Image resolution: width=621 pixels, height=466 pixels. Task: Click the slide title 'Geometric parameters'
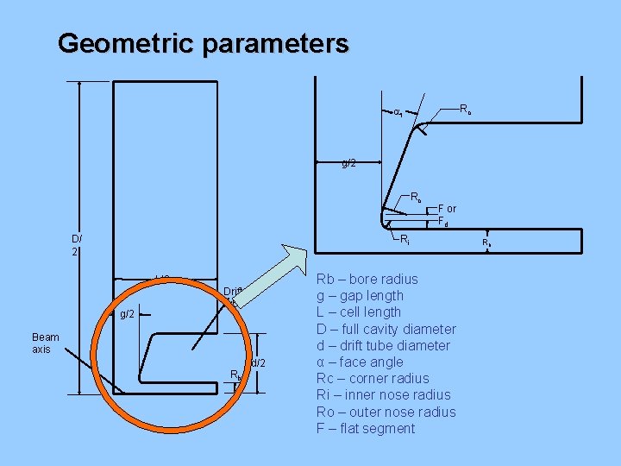(x=204, y=43)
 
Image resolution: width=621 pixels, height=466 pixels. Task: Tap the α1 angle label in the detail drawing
(x=398, y=112)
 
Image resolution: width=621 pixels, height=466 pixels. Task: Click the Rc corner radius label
(x=465, y=110)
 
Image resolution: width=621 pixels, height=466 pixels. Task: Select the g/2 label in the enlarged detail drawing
(x=348, y=163)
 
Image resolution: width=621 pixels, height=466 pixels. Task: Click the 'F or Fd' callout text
(x=447, y=215)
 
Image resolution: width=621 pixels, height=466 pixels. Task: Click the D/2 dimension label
(x=77, y=245)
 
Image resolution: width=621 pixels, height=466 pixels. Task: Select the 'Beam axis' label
(x=44, y=343)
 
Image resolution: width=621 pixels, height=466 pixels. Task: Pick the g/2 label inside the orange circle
(x=127, y=314)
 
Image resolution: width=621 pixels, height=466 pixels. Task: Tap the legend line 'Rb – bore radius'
(x=367, y=280)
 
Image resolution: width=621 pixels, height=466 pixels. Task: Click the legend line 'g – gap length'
(x=360, y=296)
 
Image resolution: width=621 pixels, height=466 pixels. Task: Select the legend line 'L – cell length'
(x=359, y=312)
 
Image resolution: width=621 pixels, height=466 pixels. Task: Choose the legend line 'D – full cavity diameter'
(x=386, y=329)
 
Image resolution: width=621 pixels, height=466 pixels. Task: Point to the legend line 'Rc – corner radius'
(x=373, y=379)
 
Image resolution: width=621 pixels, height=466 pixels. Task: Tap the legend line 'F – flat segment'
(x=366, y=429)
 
